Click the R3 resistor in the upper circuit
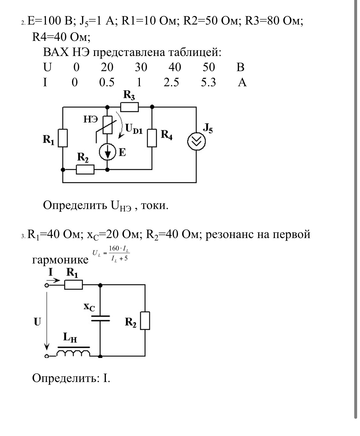(x=130, y=107)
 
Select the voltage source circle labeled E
(x=107, y=152)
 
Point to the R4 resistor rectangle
(x=152, y=138)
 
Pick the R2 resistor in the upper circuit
(x=85, y=170)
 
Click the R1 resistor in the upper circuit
(x=63, y=138)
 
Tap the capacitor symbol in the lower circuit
(x=100, y=318)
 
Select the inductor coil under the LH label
(x=73, y=353)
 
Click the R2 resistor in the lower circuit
(x=145, y=321)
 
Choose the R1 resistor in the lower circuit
(x=73, y=284)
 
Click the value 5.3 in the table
(x=208, y=83)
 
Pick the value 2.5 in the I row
(x=171, y=83)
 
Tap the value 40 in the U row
(x=175, y=67)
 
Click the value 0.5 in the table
(x=107, y=83)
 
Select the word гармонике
(x=60, y=259)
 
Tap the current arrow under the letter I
(x=53, y=281)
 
